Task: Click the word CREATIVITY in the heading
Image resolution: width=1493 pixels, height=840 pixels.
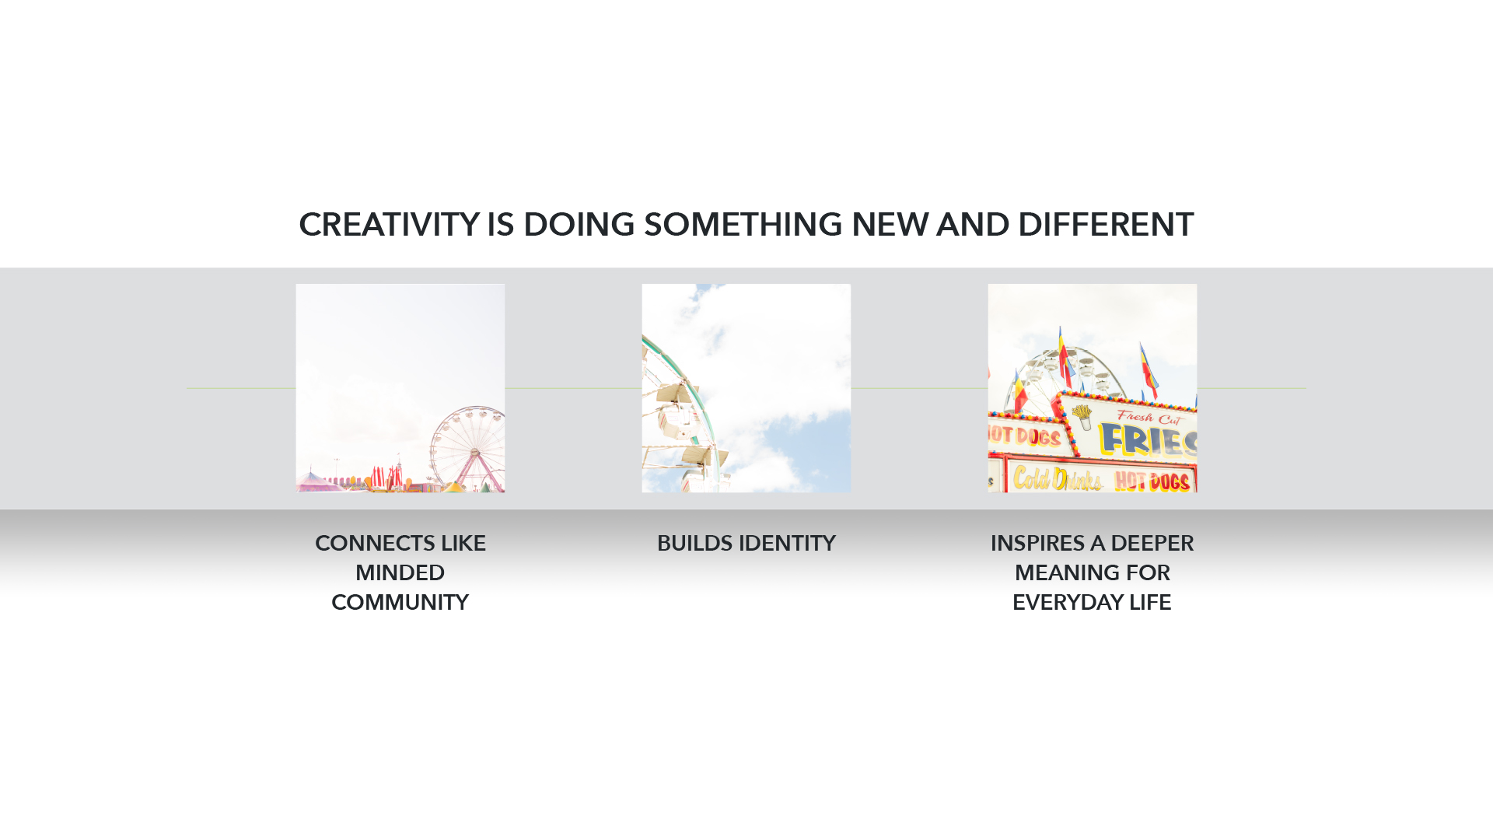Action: pos(389,225)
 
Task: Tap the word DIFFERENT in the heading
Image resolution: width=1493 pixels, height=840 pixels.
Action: pos(1105,225)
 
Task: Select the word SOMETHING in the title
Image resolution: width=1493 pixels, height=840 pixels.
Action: pos(743,225)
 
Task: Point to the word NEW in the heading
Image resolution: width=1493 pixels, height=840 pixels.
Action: pos(890,225)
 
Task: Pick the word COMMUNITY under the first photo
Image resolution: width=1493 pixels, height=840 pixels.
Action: pos(400,602)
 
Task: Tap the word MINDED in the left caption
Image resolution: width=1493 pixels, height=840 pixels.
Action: pos(400,572)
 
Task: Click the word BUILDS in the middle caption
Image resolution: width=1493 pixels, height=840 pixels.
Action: pos(694,543)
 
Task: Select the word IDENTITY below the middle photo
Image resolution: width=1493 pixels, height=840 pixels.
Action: pos(787,543)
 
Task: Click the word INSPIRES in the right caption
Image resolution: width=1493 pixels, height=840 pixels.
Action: pos(1037,543)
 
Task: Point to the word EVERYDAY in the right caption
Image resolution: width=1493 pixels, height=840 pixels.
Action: pos(1067,602)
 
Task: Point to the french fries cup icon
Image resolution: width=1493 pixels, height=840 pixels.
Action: pos(1083,417)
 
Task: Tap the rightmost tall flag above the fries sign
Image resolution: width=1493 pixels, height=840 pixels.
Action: pos(1148,369)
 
